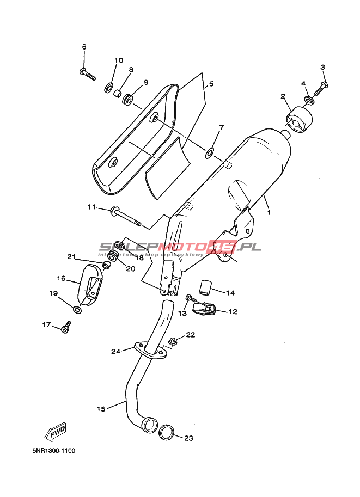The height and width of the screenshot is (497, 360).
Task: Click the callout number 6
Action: [x=84, y=47]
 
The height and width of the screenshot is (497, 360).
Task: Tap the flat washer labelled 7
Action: [x=210, y=152]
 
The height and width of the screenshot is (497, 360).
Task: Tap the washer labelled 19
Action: [x=77, y=310]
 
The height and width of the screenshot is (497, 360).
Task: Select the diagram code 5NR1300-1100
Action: [x=53, y=451]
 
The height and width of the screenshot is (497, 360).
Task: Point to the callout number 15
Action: [x=101, y=408]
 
